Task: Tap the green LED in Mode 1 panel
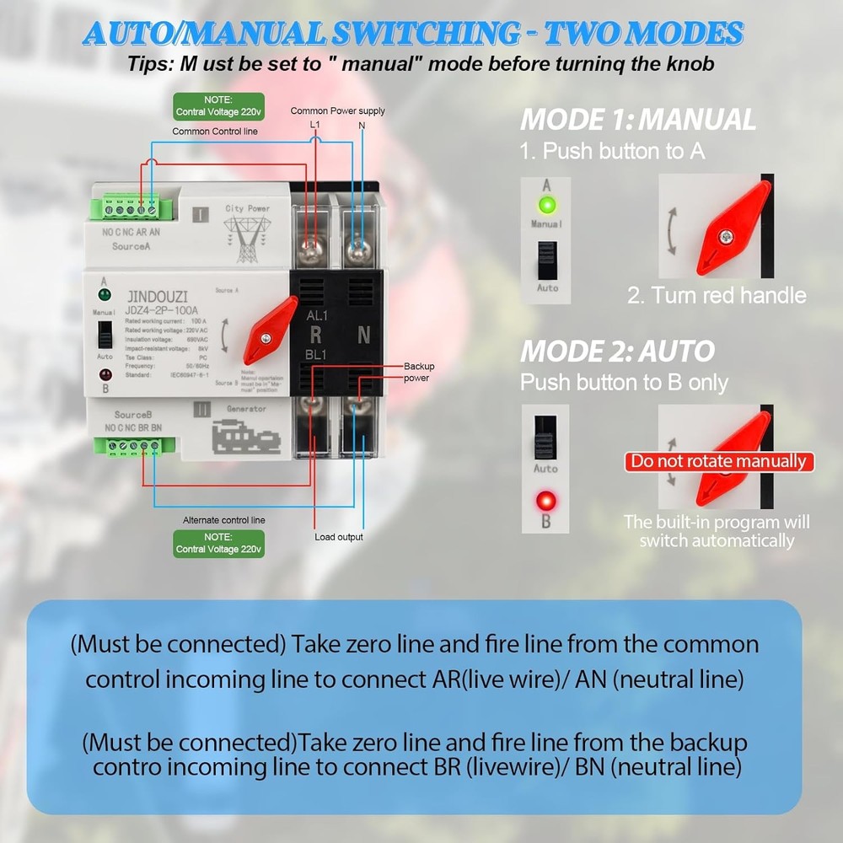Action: click(x=546, y=205)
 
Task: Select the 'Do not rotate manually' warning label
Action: click(x=719, y=461)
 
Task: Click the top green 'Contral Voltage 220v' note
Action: click(x=218, y=106)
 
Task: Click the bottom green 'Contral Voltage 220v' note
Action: click(x=218, y=543)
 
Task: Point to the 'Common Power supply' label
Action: click(x=337, y=111)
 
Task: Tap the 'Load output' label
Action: click(x=339, y=537)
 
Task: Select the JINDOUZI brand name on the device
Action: click(x=158, y=297)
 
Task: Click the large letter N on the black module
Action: click(x=364, y=335)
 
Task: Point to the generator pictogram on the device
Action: click(x=245, y=438)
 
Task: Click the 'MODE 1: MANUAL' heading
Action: click(x=638, y=120)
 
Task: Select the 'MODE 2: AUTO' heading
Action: click(x=617, y=351)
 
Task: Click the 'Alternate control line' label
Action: click(x=224, y=520)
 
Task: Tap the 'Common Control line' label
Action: click(x=215, y=132)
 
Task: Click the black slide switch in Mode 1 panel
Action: click(x=547, y=260)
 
